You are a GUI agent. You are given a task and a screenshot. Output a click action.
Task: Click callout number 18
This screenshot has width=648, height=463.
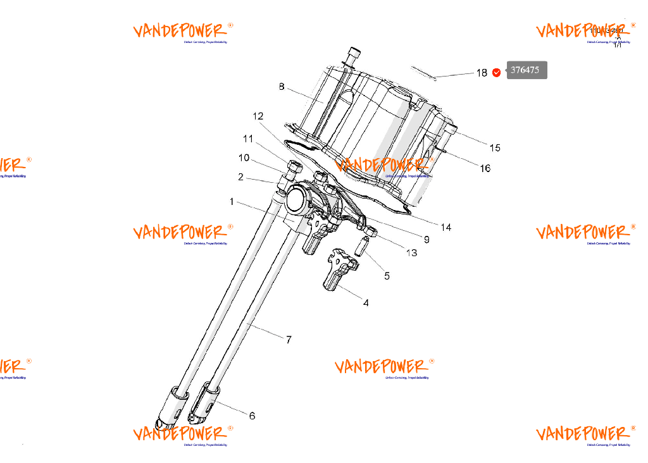(482, 73)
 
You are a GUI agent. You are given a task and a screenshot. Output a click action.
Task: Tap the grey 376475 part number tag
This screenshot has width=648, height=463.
(526, 70)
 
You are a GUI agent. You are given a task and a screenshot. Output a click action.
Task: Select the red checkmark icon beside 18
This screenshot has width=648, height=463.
(497, 72)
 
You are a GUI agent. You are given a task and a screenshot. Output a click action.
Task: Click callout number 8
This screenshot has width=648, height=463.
(282, 87)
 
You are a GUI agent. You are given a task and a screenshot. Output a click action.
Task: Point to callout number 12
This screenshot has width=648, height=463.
(258, 116)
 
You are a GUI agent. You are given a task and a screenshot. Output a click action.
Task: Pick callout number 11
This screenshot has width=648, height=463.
(247, 139)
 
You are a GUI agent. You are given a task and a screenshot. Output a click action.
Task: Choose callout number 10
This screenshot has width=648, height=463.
(244, 158)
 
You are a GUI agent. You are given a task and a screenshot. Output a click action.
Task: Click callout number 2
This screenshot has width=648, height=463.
(241, 177)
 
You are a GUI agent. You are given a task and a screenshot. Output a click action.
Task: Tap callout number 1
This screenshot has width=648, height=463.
(232, 202)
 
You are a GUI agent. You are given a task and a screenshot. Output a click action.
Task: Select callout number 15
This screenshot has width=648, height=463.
(495, 147)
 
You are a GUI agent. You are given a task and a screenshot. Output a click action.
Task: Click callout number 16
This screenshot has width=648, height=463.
(485, 168)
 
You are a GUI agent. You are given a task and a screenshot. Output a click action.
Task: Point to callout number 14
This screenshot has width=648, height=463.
(446, 227)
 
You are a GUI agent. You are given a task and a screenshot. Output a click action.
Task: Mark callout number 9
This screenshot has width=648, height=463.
(427, 240)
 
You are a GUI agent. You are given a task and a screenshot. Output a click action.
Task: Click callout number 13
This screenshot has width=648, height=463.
(412, 253)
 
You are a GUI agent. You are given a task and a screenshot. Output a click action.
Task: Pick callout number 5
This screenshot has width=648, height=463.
(387, 276)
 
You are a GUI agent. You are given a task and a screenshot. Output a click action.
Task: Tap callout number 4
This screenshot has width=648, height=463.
(366, 303)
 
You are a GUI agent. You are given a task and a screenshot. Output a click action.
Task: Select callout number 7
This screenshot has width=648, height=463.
(289, 340)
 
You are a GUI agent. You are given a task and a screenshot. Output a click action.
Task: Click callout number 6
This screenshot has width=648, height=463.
(252, 416)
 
